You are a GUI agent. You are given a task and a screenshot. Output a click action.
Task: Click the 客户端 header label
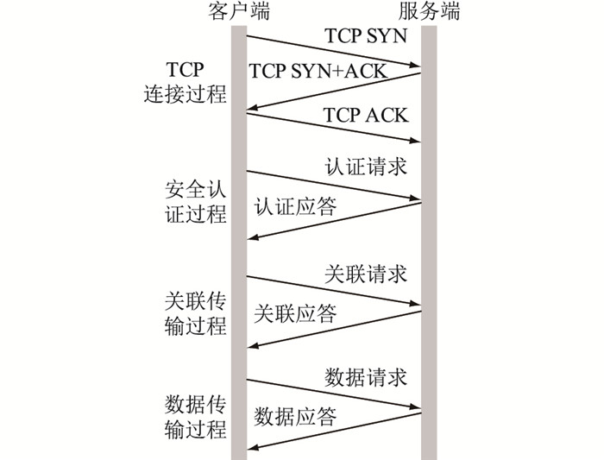239,12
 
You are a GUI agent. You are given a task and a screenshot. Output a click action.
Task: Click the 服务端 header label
430,12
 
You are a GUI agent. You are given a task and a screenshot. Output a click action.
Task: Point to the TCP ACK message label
366,115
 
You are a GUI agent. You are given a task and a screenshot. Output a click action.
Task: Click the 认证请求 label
366,167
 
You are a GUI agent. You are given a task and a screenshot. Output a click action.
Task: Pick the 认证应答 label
295,207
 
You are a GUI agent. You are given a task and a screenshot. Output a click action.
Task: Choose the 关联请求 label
366,274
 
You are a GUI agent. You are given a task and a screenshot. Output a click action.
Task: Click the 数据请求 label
366,377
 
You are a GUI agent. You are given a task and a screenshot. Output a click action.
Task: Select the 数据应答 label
295,417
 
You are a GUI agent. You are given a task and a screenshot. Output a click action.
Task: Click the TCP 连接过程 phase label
185,82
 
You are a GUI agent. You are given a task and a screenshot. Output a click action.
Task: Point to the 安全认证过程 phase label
195,201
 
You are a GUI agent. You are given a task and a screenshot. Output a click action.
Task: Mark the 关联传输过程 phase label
195,313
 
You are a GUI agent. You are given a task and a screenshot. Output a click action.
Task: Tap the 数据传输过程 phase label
195,416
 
